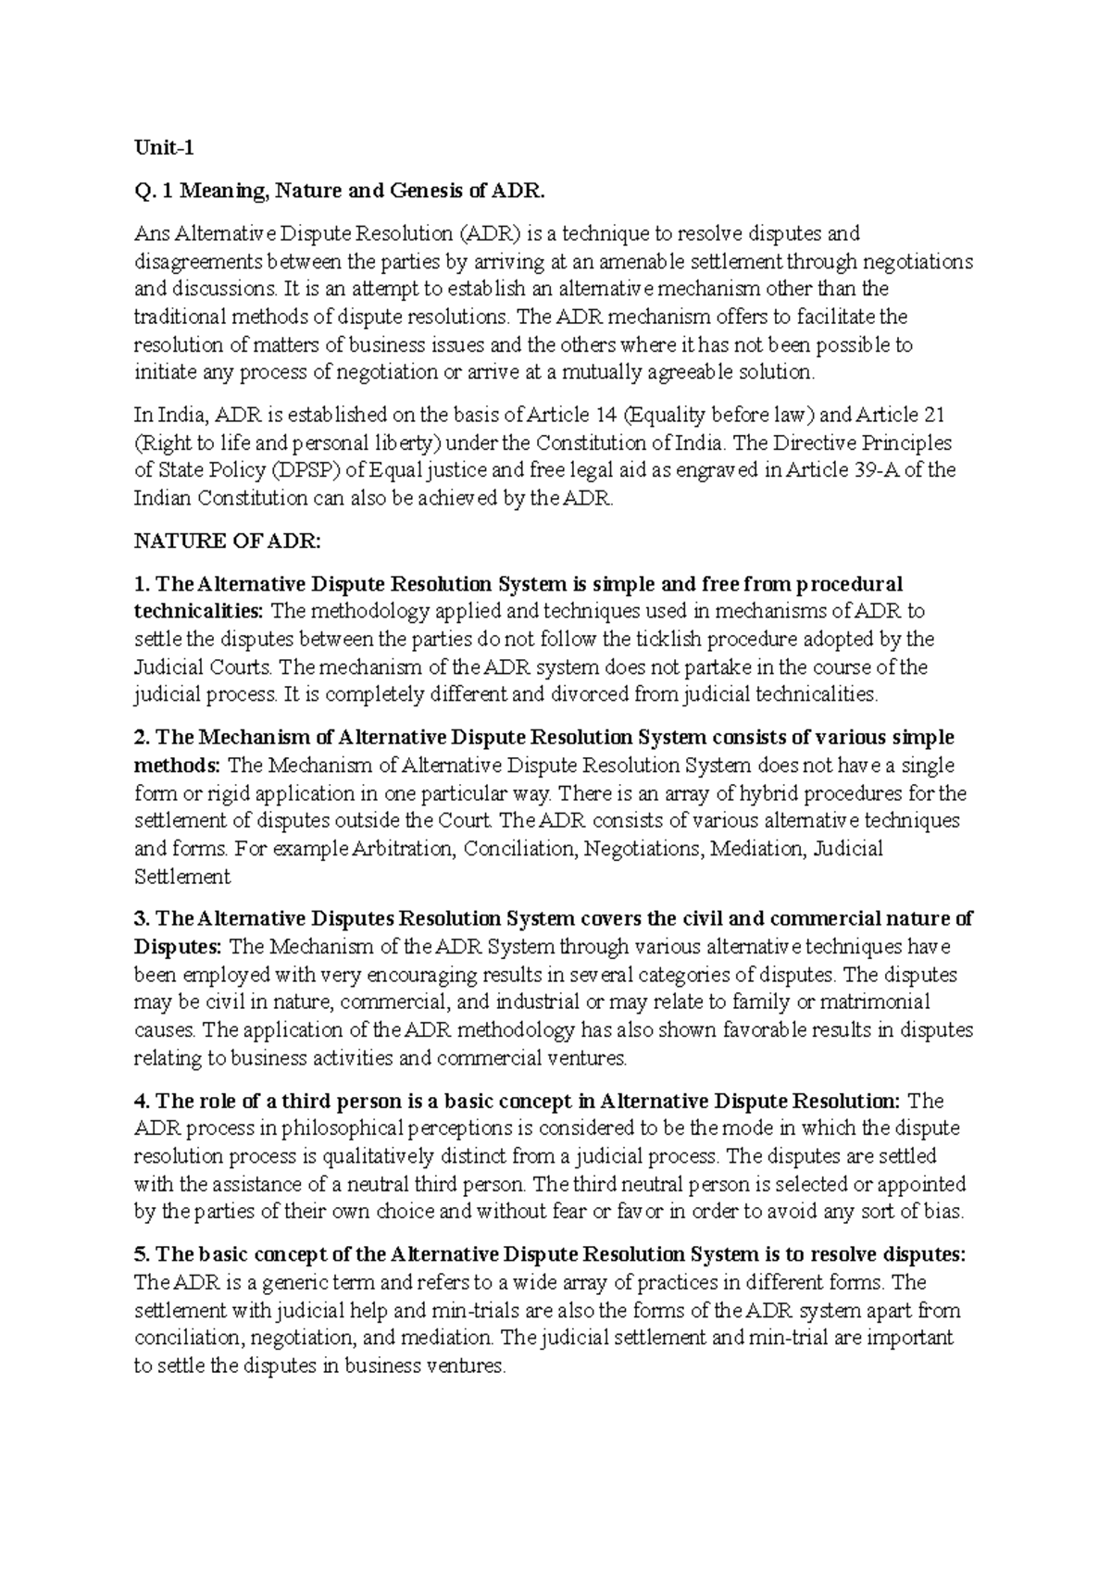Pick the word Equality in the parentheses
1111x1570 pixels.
tap(674, 415)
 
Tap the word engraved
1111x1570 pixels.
tap(715, 470)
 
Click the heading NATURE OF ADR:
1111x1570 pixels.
tap(227, 542)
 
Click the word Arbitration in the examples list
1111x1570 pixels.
tap(405, 849)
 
